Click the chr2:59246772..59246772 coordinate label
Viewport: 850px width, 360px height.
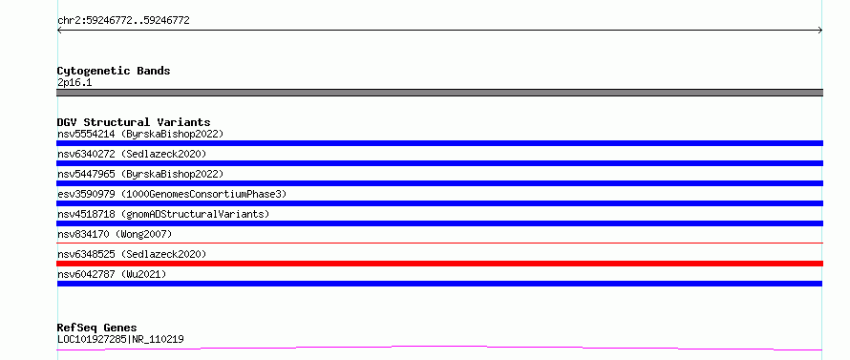click(123, 21)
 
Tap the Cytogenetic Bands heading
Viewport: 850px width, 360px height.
click(114, 71)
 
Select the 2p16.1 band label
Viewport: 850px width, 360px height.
click(74, 83)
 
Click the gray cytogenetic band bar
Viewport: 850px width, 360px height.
click(439, 93)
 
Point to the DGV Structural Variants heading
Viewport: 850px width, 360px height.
click(134, 122)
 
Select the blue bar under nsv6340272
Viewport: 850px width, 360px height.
click(439, 163)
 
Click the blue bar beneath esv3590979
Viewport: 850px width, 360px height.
click(439, 203)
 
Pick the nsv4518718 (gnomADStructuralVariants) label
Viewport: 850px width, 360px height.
click(163, 214)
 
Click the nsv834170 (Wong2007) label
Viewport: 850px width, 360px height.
click(115, 234)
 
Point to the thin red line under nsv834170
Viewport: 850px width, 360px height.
click(439, 243)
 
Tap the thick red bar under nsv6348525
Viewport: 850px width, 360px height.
click(439, 264)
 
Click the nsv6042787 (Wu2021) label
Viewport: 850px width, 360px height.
click(112, 274)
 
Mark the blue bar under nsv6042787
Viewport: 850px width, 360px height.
click(439, 284)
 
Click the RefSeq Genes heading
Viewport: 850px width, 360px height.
click(96, 328)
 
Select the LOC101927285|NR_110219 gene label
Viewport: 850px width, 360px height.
click(120, 340)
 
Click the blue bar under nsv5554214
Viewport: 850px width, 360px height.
click(439, 143)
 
